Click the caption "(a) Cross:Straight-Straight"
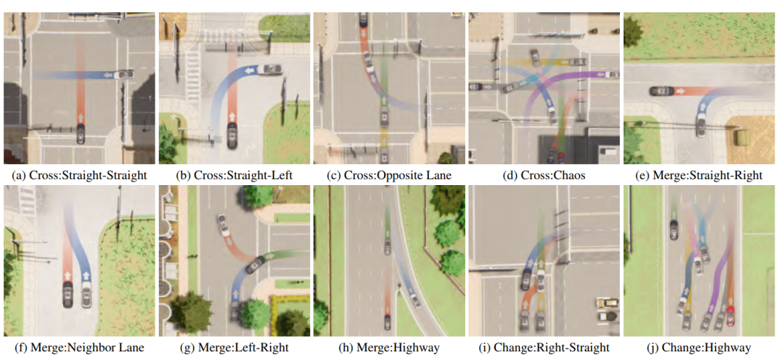[x=79, y=175]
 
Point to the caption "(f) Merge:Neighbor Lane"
[x=79, y=348]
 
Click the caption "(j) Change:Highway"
[x=701, y=348]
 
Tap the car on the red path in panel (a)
[x=80, y=134]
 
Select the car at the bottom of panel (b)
[x=232, y=136]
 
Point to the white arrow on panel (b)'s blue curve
[x=251, y=70]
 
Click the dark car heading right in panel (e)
[x=661, y=91]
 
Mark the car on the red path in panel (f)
[x=68, y=294]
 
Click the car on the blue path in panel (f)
[x=86, y=294]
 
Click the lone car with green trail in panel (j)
[x=674, y=231]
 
